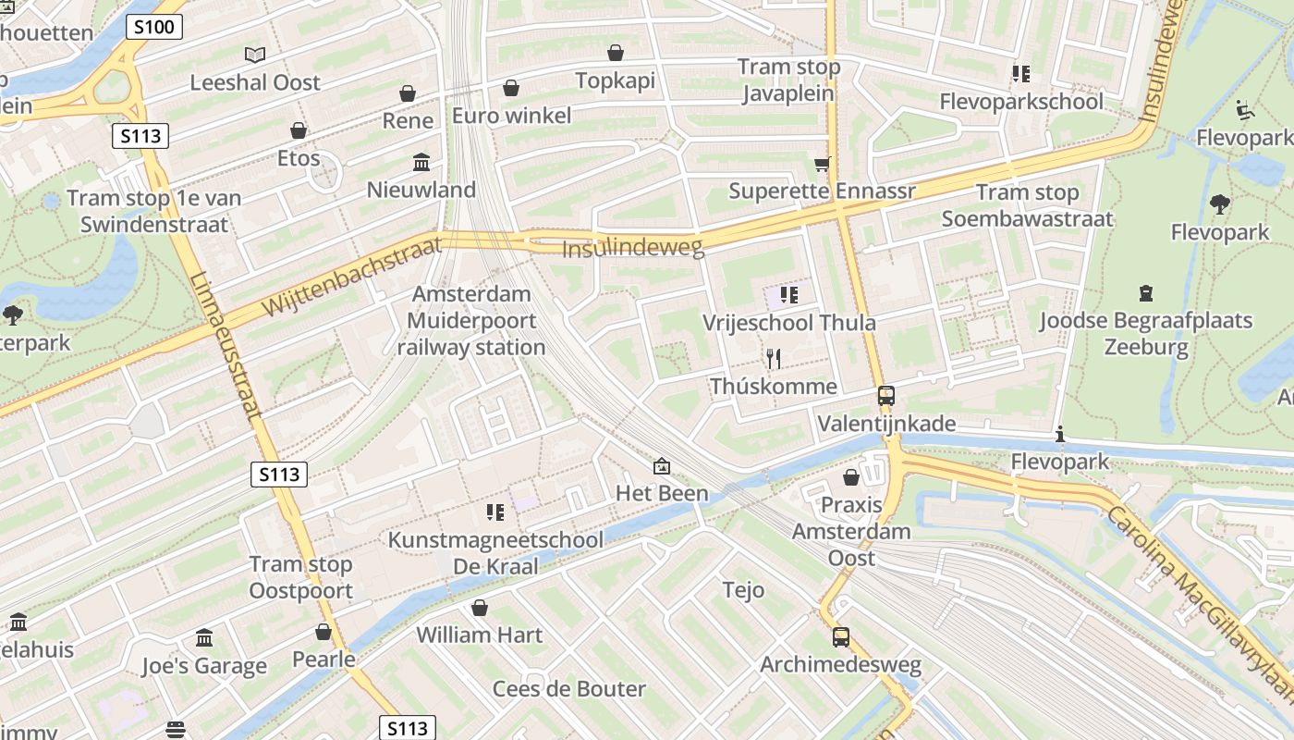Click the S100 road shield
153,27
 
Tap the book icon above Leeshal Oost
254,55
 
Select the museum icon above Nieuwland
421,163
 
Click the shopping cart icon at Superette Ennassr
822,164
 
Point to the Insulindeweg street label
633,248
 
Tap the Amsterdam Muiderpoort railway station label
471,321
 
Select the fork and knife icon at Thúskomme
774,358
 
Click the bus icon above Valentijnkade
885,396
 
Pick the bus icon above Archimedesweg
840,637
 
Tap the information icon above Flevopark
1059,434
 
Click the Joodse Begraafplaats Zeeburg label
1146,334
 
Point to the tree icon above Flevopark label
1220,204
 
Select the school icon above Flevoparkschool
1020,73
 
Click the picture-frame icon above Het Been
662,466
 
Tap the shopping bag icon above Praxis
850,478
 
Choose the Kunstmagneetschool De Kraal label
495,552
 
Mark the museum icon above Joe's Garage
204,638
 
